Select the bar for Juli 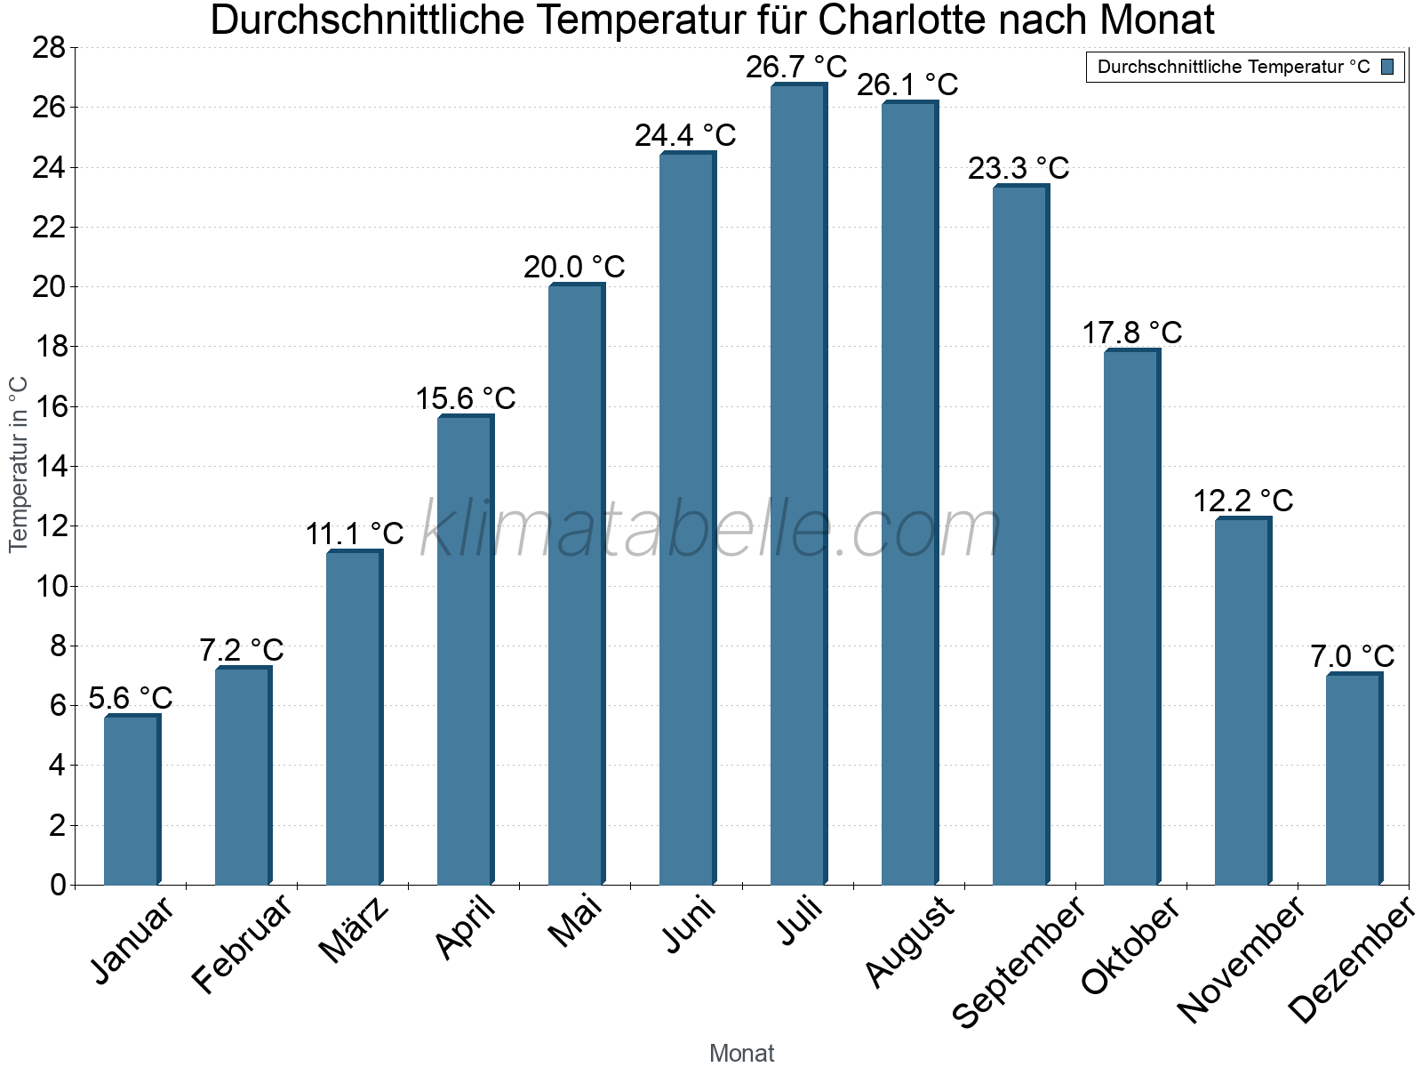tap(798, 485)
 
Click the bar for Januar tap(132, 800)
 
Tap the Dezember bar tap(1354, 779)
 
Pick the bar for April tap(465, 650)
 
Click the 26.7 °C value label tap(796, 68)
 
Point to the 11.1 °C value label tap(355, 534)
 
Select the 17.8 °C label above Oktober tap(1131, 333)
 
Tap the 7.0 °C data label tap(1353, 657)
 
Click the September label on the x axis tap(1019, 960)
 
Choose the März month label tap(354, 930)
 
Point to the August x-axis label tap(909, 942)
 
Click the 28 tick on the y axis tap(49, 48)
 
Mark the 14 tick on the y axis tap(49, 467)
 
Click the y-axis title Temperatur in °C tap(19, 464)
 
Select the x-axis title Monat tap(741, 1054)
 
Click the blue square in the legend tap(1387, 67)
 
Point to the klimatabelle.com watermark tap(711, 530)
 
